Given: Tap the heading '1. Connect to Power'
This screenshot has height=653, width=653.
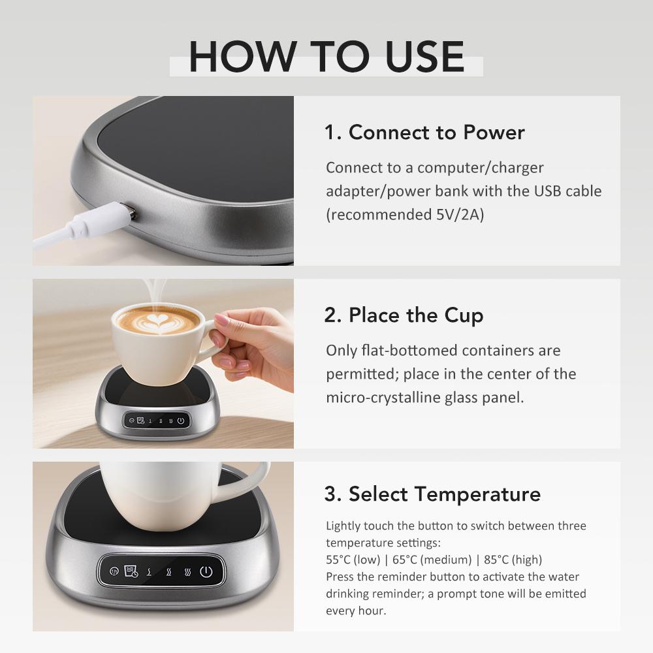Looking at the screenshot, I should click(x=424, y=133).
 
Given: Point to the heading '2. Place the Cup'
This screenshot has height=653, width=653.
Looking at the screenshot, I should click(x=404, y=315).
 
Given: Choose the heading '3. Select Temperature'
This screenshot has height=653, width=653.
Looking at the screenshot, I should click(x=432, y=494).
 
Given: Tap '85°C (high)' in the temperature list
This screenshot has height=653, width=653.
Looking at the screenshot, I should click(x=509, y=560).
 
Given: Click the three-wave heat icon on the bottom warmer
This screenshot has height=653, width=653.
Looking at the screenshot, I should click(x=187, y=572).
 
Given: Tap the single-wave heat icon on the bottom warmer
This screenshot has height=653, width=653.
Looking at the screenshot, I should click(x=150, y=572).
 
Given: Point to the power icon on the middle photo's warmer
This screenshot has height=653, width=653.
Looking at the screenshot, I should click(x=181, y=421).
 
